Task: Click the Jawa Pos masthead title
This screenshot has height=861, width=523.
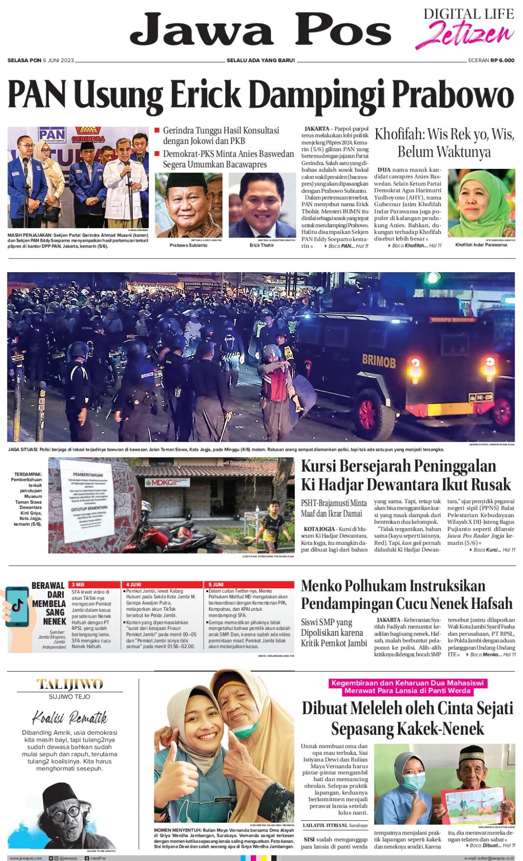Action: point(260,30)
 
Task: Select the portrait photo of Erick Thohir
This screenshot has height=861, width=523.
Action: point(262,205)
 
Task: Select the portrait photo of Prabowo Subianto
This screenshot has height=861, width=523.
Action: point(189,205)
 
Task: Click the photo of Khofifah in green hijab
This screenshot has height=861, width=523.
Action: point(481,203)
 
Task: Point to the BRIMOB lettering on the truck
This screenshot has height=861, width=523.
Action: point(379,361)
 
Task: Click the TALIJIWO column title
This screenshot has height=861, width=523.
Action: point(70,684)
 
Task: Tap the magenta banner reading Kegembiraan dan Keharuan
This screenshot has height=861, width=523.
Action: point(407,687)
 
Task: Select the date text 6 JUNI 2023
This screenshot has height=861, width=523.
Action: point(58,60)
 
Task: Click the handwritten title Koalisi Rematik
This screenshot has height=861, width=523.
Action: point(70,718)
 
